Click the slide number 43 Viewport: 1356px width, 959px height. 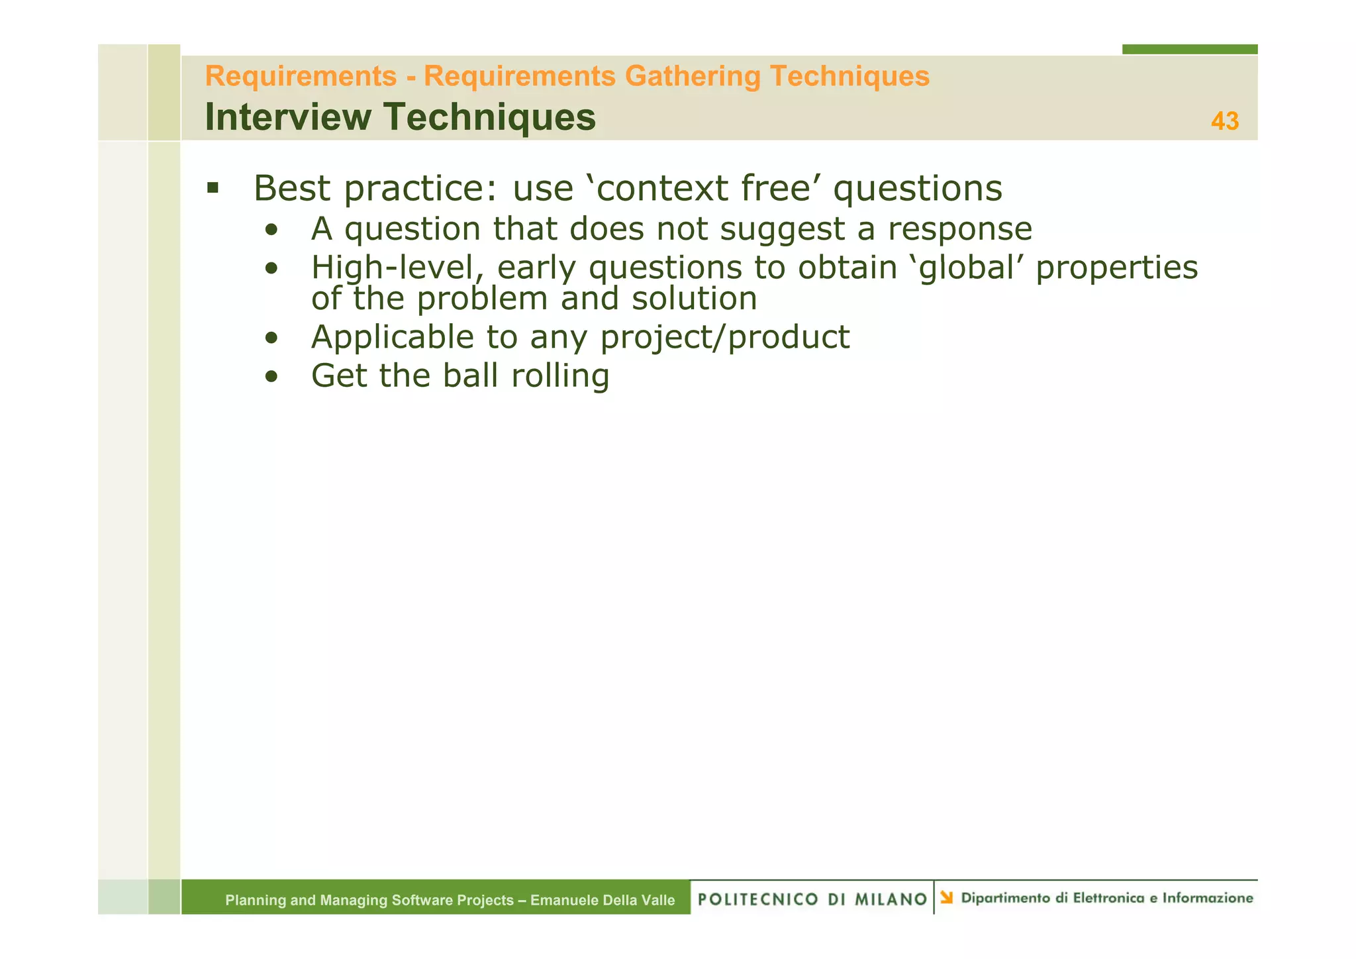click(x=1224, y=121)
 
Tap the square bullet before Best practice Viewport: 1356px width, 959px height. click(x=213, y=187)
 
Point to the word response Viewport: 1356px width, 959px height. click(x=959, y=229)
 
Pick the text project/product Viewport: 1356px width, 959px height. click(x=724, y=337)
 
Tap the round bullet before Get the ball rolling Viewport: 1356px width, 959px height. click(x=271, y=377)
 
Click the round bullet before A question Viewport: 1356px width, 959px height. click(x=271, y=230)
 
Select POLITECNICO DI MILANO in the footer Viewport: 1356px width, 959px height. click(x=812, y=899)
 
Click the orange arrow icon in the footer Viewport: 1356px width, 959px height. click(x=946, y=897)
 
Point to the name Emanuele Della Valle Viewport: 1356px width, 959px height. click(x=603, y=900)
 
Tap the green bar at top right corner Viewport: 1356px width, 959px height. click(x=1189, y=49)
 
